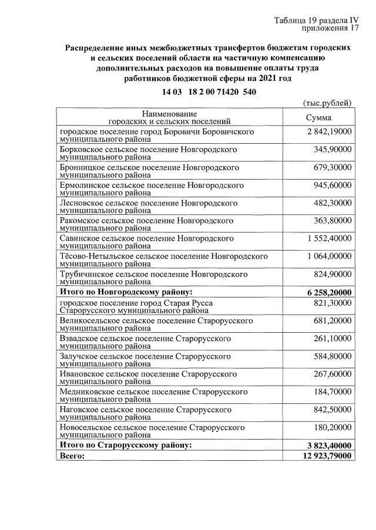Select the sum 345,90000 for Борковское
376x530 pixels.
click(x=333, y=150)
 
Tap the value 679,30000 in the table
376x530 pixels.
click(x=333, y=168)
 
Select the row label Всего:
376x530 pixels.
click(x=73, y=455)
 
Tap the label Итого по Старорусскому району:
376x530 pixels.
click(x=126, y=445)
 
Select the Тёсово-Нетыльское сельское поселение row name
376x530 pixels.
click(x=164, y=260)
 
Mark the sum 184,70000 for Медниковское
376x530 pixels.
click(x=333, y=391)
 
